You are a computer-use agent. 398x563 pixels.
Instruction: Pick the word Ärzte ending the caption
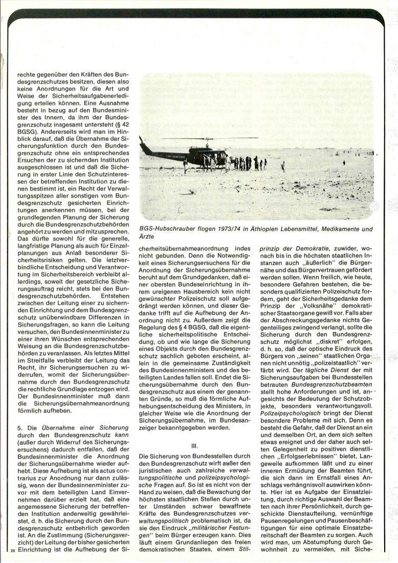click(x=146, y=237)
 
